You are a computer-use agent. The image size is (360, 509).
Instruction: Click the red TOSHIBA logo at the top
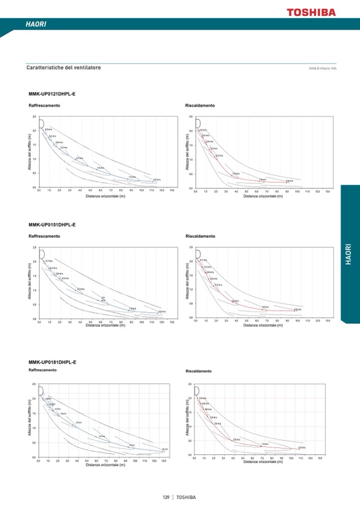point(311,12)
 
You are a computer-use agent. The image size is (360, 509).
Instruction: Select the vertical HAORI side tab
point(348,254)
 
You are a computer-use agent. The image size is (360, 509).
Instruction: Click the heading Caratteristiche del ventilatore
point(64,68)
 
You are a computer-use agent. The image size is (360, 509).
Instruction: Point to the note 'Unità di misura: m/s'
point(323,68)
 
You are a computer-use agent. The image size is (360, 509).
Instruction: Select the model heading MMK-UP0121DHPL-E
point(52,94)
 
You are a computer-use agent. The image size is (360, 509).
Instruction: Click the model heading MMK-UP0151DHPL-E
point(52,225)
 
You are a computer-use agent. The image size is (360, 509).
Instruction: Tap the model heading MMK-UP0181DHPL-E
point(52,362)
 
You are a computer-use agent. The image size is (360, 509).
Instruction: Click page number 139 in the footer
point(166,497)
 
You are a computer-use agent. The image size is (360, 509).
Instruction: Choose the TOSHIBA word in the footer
point(186,497)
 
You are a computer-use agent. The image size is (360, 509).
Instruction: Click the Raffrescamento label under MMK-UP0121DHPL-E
point(44,106)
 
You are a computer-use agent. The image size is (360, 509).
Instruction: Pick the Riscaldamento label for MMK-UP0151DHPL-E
point(200,236)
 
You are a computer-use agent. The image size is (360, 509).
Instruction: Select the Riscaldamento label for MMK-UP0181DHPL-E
point(199,371)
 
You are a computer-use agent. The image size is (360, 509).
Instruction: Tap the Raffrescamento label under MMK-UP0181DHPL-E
point(42,369)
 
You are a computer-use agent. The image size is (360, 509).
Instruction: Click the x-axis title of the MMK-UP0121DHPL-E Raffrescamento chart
point(106,196)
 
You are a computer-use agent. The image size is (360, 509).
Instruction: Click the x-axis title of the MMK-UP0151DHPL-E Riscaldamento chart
point(263,325)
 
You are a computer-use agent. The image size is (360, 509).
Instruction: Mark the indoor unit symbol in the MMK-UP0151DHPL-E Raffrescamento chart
point(41,254)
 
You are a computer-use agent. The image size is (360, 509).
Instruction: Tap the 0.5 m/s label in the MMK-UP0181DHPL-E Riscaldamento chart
point(302,448)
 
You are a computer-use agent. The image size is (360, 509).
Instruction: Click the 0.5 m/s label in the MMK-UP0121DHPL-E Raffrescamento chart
point(156,179)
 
